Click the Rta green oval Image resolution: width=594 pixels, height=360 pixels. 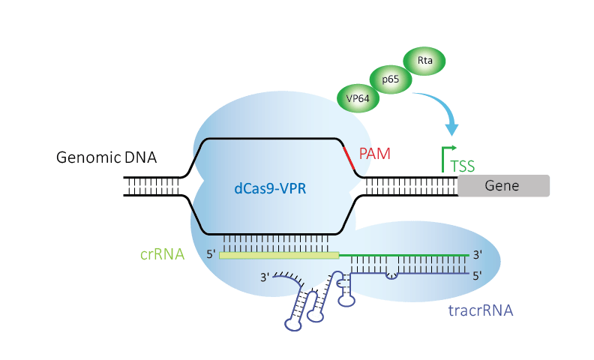coord(425,59)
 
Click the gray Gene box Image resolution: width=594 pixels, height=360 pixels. coord(503,185)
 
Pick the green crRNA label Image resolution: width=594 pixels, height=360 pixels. coord(161,254)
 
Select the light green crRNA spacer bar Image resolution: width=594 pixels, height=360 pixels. coord(279,256)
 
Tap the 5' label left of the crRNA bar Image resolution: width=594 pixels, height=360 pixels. coord(211,255)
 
